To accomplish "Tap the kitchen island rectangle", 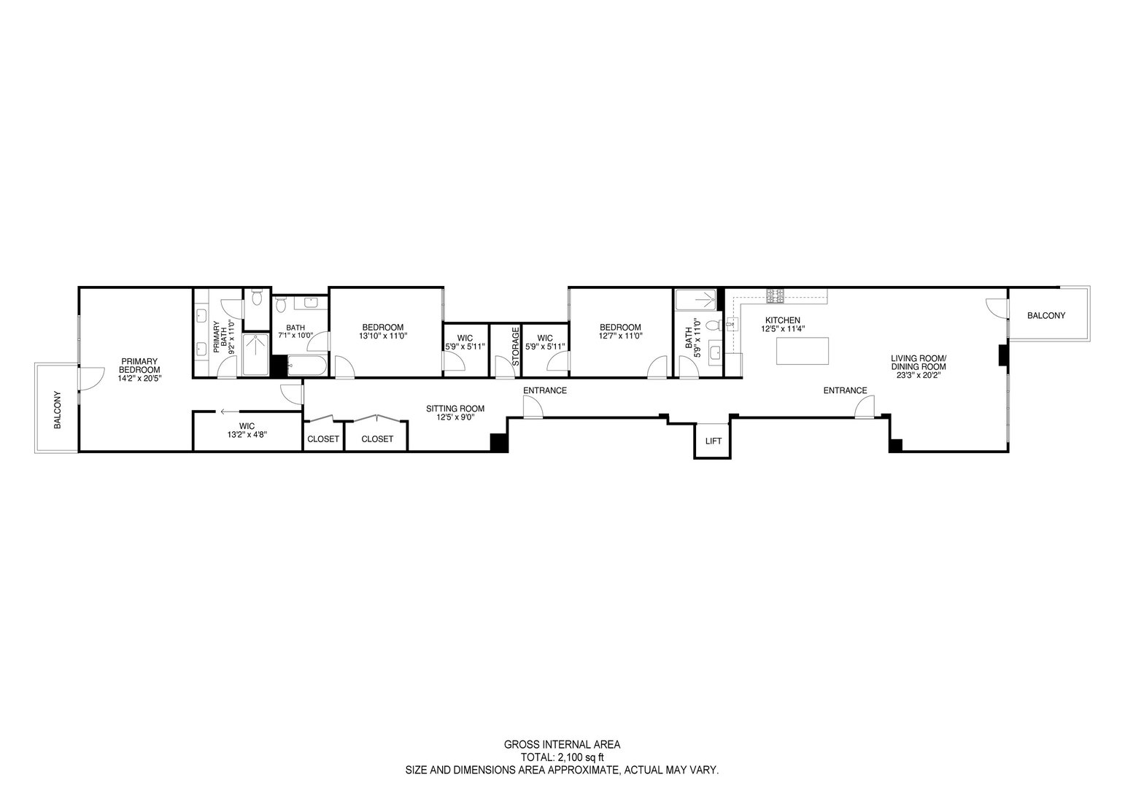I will (803, 351).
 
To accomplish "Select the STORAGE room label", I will (515, 347).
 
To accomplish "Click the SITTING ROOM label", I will (455, 409).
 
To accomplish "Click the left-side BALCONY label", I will (57, 411).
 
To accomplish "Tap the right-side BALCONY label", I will (1045, 316).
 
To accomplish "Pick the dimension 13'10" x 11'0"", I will (382, 336).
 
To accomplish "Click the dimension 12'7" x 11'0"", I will (619, 336).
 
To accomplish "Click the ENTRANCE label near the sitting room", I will (544, 390).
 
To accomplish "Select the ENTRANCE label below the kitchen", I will (845, 390).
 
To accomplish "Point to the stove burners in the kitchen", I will (775, 295).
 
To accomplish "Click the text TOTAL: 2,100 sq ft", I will (562, 757).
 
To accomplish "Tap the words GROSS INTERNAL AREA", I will (562, 745).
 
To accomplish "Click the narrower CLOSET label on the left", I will (322, 439).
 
